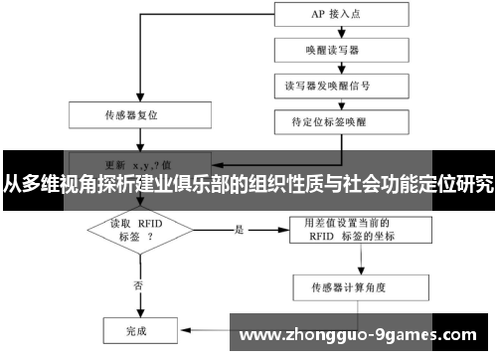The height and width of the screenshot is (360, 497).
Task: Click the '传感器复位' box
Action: (134, 114)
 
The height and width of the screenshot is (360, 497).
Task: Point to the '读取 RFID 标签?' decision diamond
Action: (135, 231)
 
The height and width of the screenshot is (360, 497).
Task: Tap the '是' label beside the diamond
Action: (240, 230)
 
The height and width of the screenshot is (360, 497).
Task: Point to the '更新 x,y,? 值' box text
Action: (136, 163)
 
